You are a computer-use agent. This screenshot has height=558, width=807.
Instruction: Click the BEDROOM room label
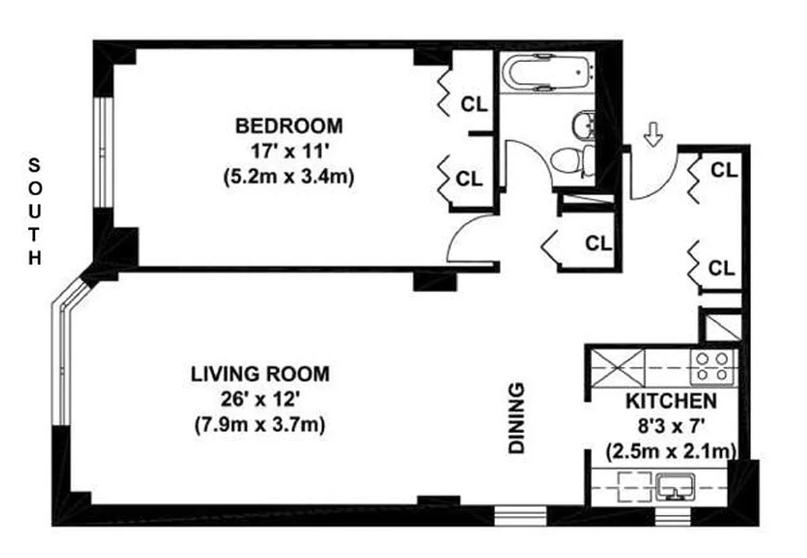click(289, 126)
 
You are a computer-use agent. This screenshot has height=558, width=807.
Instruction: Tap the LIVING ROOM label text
click(259, 374)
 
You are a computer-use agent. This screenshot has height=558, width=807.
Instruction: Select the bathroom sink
click(583, 125)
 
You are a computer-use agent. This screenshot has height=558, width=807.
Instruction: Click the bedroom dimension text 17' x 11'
click(289, 151)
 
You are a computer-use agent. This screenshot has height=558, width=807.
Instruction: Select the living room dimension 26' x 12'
click(259, 399)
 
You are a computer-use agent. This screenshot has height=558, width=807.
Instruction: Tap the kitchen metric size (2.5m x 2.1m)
click(670, 449)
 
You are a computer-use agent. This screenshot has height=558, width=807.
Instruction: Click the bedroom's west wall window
click(104, 151)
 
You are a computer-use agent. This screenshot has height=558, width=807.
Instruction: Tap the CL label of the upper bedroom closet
click(475, 105)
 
